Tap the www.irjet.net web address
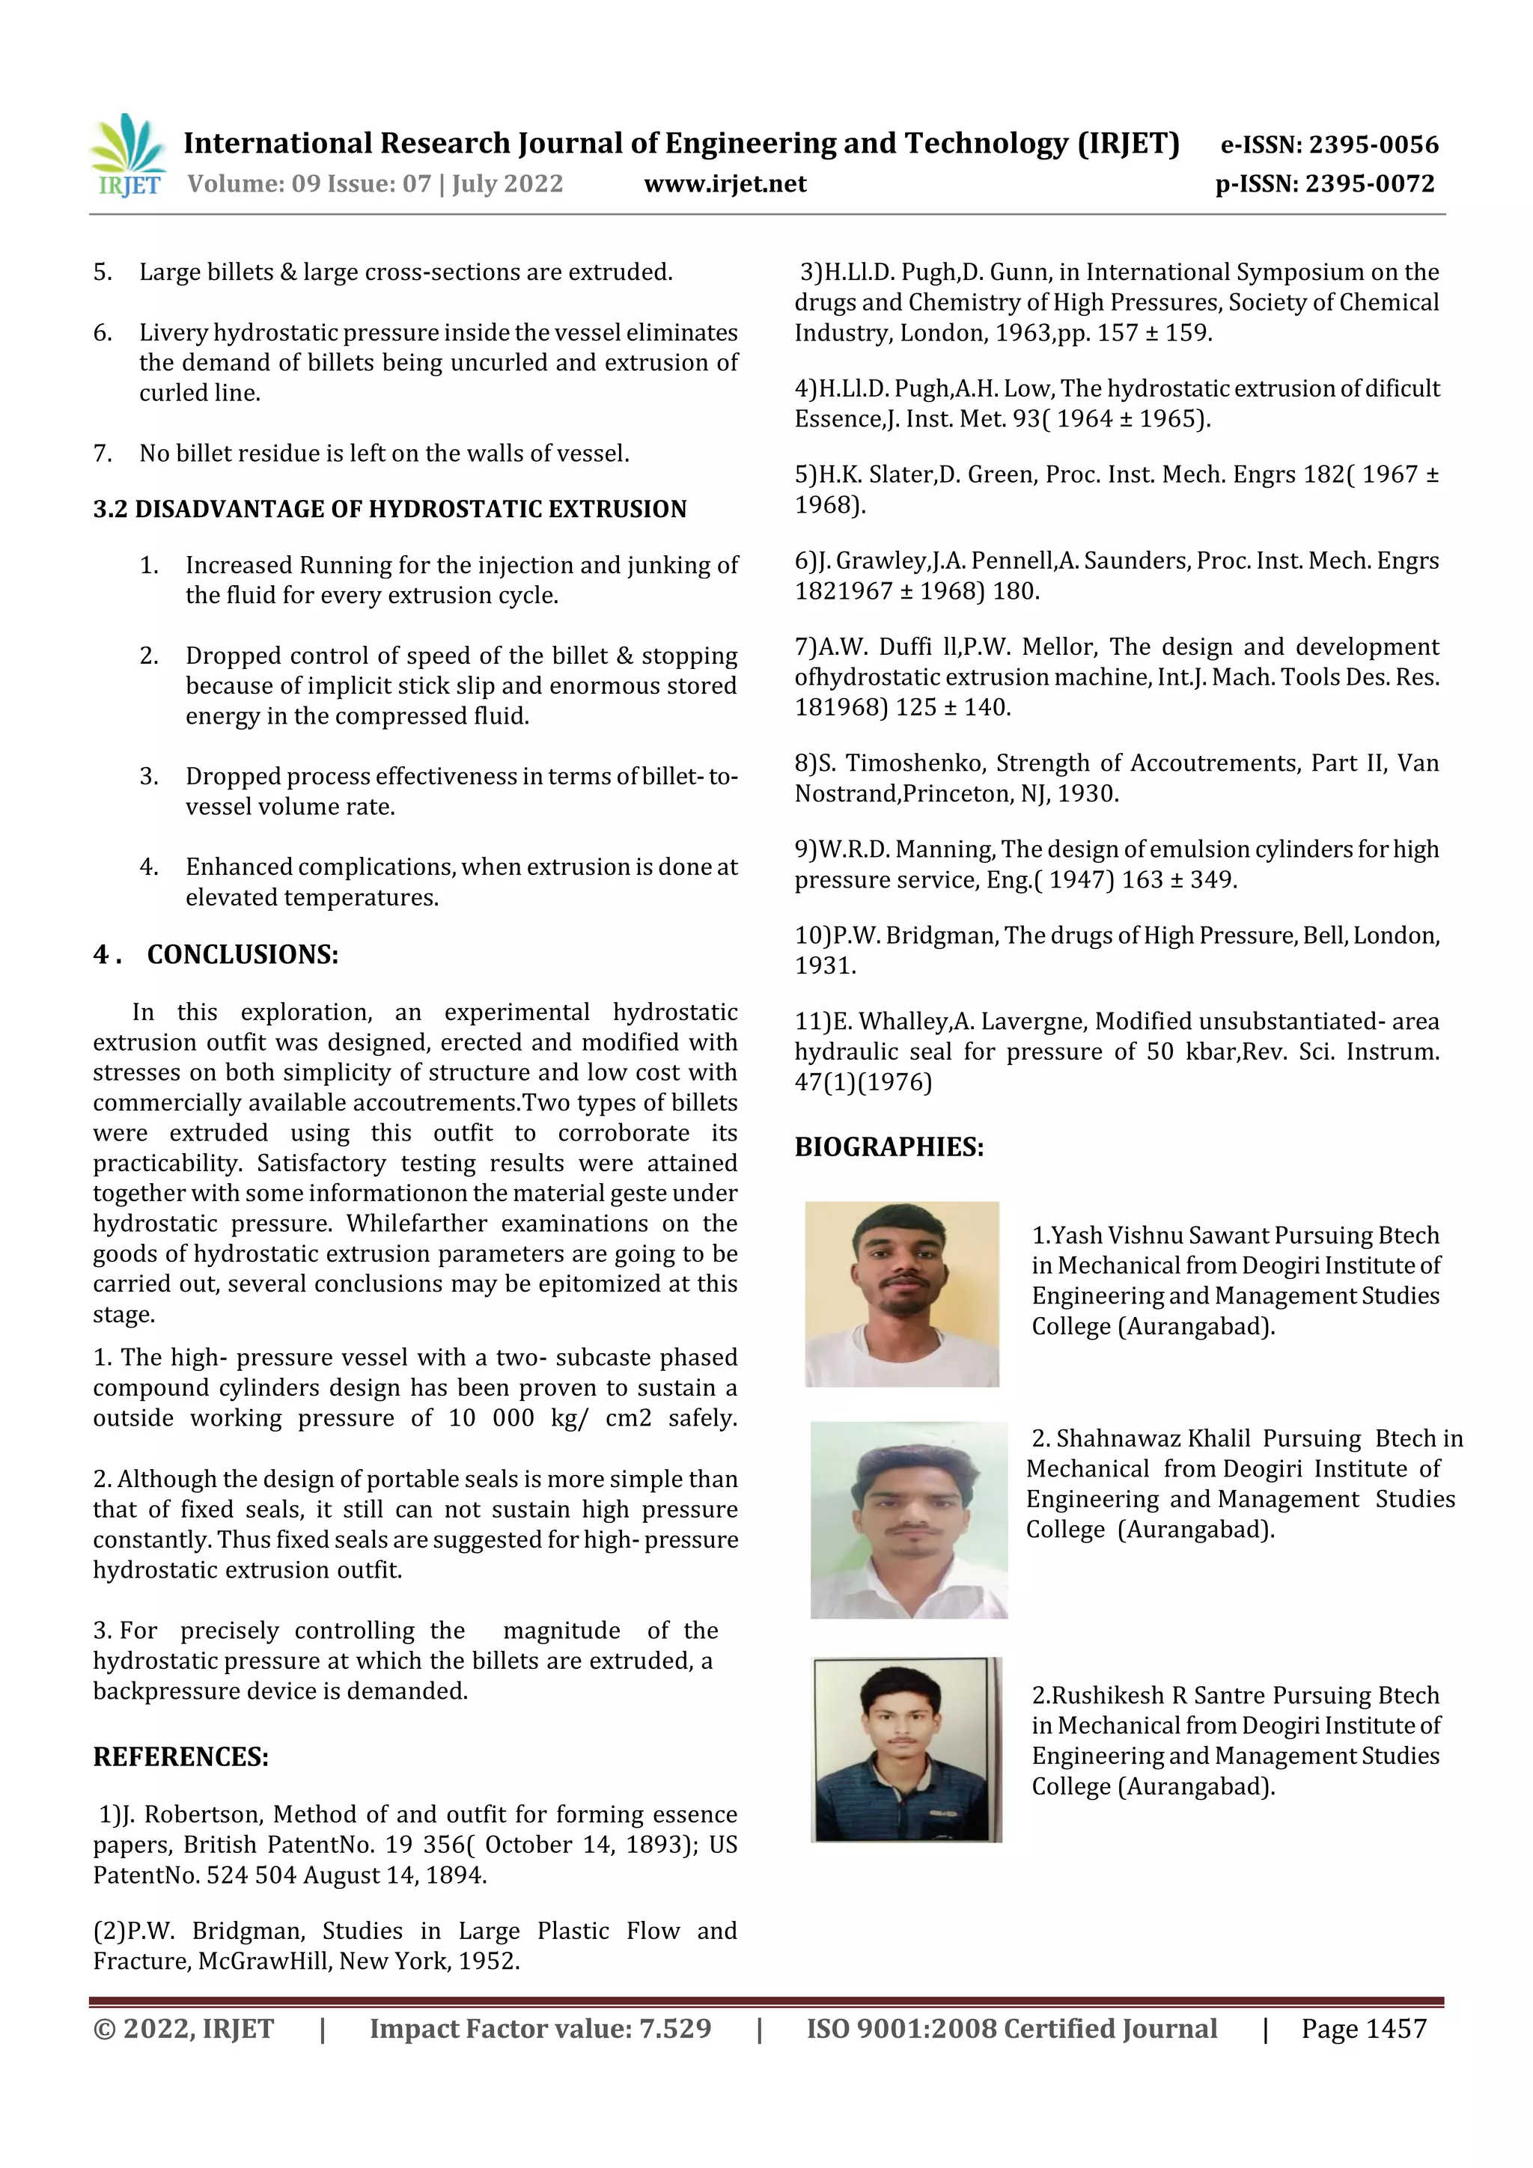coord(725,184)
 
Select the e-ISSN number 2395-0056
coord(1374,144)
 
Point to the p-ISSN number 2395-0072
coord(1370,184)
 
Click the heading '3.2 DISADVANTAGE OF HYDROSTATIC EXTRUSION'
coord(389,509)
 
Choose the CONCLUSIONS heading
coord(242,955)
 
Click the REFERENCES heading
coord(180,1757)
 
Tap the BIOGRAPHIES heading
coord(888,1147)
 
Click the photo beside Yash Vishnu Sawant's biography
coord(901,1294)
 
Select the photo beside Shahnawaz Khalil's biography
coord(908,1519)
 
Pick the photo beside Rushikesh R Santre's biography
coord(906,1749)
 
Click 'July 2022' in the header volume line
coord(508,184)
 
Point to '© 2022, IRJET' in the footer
coord(183,2028)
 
